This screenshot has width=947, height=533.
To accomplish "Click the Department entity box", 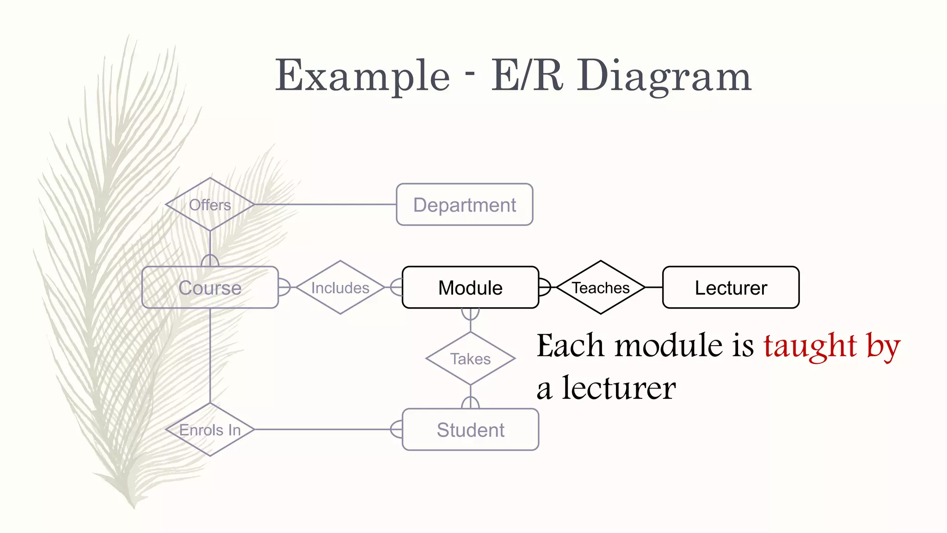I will (x=464, y=205).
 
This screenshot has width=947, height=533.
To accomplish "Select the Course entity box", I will (x=210, y=287).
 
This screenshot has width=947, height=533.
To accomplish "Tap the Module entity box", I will (x=470, y=287).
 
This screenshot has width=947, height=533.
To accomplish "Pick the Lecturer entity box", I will (x=731, y=287).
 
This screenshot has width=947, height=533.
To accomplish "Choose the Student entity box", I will (x=470, y=429).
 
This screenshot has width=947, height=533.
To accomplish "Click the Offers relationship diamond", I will (x=210, y=205).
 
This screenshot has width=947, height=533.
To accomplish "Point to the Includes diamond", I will (x=340, y=287).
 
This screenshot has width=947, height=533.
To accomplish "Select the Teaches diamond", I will (x=601, y=287).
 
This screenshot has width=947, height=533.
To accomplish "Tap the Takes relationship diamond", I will (x=470, y=359).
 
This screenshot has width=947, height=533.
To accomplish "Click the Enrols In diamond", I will (x=210, y=429).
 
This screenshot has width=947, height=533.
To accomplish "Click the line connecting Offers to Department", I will (x=324, y=205).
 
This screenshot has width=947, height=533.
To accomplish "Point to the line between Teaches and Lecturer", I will (x=654, y=287).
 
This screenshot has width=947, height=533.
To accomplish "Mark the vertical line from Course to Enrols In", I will (x=210, y=356).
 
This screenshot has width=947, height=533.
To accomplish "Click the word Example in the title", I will (x=362, y=76).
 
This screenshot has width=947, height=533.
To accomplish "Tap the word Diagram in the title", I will (x=664, y=76).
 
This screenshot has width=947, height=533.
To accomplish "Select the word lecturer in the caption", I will (x=619, y=388).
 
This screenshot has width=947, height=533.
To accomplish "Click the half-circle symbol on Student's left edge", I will (x=396, y=429).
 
